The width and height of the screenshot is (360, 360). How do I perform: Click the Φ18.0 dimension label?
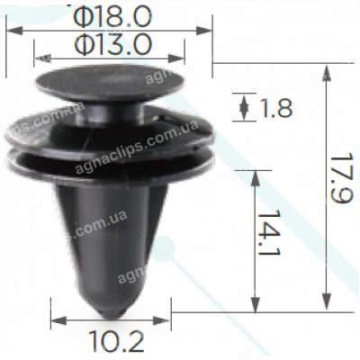coord(113,14)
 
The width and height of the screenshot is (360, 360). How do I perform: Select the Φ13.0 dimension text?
coord(113,42)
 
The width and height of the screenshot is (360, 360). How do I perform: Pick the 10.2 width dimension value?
coord(112,341)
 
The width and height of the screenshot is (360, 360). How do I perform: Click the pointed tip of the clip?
coord(112,310)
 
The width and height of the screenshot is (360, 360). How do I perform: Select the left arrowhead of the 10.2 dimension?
coord(55,319)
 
